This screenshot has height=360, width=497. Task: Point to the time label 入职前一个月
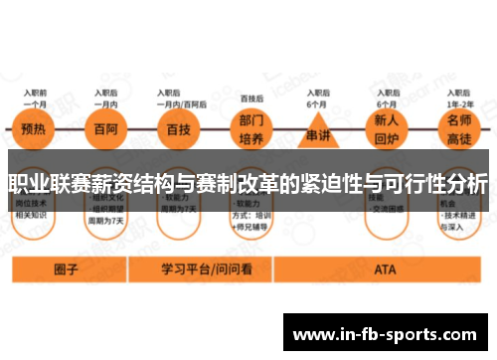pos(36,97)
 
